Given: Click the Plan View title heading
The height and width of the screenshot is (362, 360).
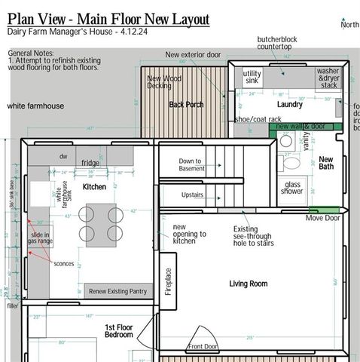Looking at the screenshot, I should (108, 17).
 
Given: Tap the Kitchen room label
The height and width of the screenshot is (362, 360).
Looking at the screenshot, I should (94, 186).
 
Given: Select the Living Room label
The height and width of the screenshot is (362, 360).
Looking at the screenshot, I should (249, 284).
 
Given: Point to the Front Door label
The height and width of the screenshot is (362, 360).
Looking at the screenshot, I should (203, 347).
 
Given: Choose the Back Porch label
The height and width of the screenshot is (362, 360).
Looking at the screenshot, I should (186, 104).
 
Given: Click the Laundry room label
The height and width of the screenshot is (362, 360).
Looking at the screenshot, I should (289, 104).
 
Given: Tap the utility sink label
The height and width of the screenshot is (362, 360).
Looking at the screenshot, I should (252, 78).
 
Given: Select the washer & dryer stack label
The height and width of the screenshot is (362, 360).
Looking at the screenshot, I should (328, 78).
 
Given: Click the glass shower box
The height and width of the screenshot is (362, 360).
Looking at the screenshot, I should (292, 189).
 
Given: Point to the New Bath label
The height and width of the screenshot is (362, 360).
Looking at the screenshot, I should (326, 164).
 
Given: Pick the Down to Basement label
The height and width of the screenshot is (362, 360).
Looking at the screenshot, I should (190, 164).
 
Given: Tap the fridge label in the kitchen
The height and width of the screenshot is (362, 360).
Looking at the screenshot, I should (90, 163).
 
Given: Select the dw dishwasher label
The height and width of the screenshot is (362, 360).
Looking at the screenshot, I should (63, 156).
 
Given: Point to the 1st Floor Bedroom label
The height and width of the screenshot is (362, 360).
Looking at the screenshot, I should (118, 331).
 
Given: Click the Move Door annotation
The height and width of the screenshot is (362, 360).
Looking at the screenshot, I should (322, 218).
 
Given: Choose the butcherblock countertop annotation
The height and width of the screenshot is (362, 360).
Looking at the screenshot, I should (280, 42).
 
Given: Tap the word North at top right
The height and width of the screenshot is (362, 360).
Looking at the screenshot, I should (349, 25).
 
